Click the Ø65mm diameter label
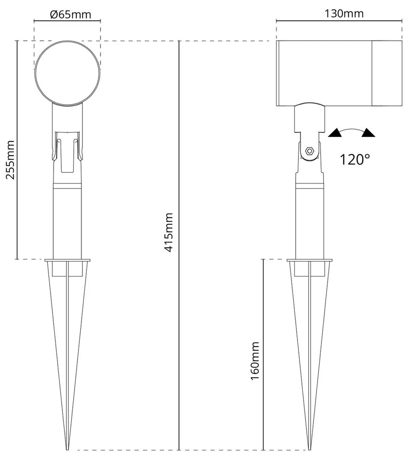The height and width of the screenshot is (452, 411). point(70,15)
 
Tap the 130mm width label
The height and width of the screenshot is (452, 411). point(344,14)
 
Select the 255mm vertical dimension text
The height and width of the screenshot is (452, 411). point(10,160)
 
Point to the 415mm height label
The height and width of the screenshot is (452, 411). point(168,232)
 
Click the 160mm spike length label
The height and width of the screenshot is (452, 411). point(255,361)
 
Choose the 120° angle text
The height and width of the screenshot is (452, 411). point(355,160)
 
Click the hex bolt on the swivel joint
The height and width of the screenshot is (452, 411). point(310,151)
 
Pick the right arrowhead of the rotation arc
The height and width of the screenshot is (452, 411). point(368,132)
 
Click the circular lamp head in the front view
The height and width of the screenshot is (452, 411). point(67,72)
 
